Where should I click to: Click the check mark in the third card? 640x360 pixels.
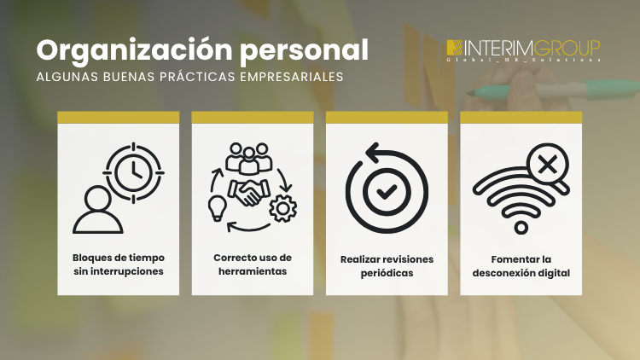click(x=387, y=191)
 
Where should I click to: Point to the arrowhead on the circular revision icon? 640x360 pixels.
click(x=372, y=152)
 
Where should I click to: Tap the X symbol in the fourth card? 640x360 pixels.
click(x=541, y=161)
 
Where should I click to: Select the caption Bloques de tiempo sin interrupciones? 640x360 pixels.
click(x=119, y=264)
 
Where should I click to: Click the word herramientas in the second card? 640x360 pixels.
click(x=253, y=271)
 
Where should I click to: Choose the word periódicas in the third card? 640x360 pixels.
click(x=387, y=273)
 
